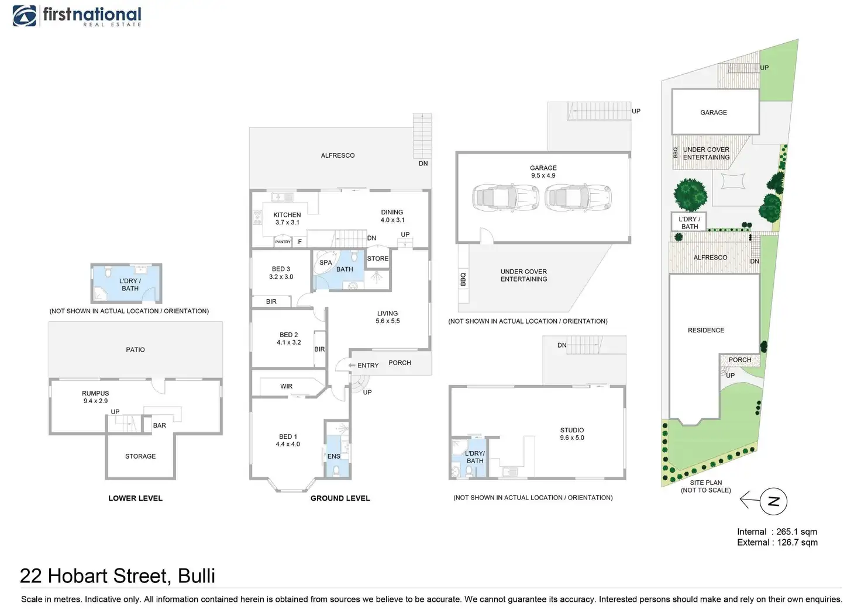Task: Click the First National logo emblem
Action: pyautogui.click(x=25, y=16)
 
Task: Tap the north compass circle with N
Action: pyautogui.click(x=773, y=501)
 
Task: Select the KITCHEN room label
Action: pyautogui.click(x=287, y=215)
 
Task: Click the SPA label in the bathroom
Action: pyautogui.click(x=326, y=263)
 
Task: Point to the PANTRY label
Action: pyautogui.click(x=283, y=242)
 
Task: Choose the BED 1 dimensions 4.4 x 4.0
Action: pyautogui.click(x=288, y=445)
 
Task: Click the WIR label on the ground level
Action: pyautogui.click(x=287, y=386)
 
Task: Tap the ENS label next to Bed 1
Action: pyautogui.click(x=334, y=456)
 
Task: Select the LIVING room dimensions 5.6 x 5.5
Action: pyautogui.click(x=388, y=321)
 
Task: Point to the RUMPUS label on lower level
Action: pyautogui.click(x=95, y=393)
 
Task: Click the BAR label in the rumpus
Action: pyautogui.click(x=160, y=425)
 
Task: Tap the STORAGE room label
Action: pyautogui.click(x=140, y=456)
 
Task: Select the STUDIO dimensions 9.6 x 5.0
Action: pyautogui.click(x=572, y=438)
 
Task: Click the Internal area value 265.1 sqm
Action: pyautogui.click(x=797, y=532)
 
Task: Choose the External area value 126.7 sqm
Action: pyautogui.click(x=797, y=543)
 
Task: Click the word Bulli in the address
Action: pyautogui.click(x=197, y=576)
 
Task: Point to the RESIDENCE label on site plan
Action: pyautogui.click(x=706, y=330)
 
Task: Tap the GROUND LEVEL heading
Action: pyautogui.click(x=340, y=498)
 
